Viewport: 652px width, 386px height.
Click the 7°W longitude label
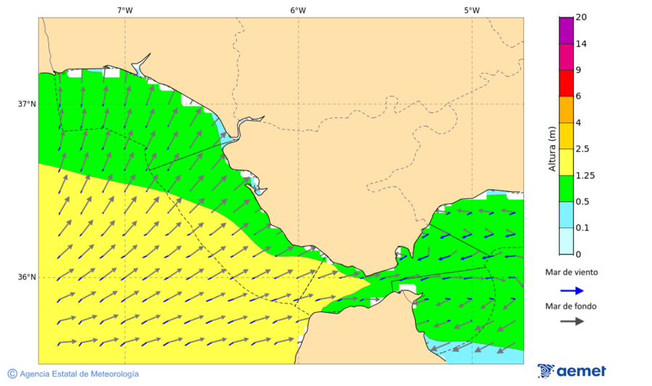(x=125, y=10)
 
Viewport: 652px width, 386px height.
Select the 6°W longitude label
(x=298, y=10)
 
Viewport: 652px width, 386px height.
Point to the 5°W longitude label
(x=472, y=10)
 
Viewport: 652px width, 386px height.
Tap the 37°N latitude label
(x=27, y=104)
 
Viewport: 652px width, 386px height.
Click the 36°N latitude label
(x=27, y=277)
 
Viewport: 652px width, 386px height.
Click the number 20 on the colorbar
(x=581, y=17)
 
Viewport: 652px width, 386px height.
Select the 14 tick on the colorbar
(x=581, y=43)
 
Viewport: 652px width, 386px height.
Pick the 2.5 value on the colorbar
(x=582, y=149)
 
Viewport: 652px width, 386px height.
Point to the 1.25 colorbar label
(x=585, y=175)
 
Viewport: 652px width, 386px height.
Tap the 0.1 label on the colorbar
(x=582, y=227)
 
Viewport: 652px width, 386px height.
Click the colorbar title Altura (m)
(x=552, y=148)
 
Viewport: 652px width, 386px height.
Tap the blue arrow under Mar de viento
(x=572, y=290)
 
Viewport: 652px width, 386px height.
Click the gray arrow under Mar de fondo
(x=572, y=321)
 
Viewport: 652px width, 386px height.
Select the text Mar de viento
(x=572, y=272)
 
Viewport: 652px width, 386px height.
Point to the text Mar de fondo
(x=572, y=306)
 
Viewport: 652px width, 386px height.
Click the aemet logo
(x=572, y=371)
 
